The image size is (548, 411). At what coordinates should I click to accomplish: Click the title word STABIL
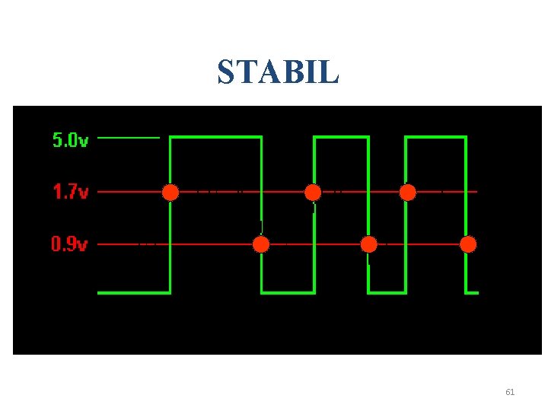(278, 72)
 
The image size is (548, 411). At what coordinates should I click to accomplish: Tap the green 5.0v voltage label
(70, 140)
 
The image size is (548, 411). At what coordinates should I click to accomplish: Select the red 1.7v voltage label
(70, 192)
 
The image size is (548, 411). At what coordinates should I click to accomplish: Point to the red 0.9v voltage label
(69, 244)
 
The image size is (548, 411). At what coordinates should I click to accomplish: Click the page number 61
(510, 392)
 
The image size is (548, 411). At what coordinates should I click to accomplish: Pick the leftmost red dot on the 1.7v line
(170, 192)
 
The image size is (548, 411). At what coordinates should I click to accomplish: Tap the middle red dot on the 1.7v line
(313, 192)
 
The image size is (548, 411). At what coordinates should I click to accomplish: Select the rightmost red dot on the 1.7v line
(408, 192)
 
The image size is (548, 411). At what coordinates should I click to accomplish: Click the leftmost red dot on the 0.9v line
(261, 244)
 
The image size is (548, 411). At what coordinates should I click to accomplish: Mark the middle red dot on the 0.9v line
(368, 244)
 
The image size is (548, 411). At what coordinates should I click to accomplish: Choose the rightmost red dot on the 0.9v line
(468, 244)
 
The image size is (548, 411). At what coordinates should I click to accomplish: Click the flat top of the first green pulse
(215, 137)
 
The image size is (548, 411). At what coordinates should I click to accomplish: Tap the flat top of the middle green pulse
(341, 137)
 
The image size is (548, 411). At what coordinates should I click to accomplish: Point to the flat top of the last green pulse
(435, 137)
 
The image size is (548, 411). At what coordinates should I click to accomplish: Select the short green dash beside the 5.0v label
(129, 138)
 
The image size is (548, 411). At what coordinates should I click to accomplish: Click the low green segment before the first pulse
(134, 292)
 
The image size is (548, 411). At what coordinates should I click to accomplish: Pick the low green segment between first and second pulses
(288, 292)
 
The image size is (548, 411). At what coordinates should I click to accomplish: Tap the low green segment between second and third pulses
(387, 292)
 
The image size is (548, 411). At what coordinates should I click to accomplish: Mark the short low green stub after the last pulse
(472, 292)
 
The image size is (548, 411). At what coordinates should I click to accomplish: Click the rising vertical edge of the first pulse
(170, 228)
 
